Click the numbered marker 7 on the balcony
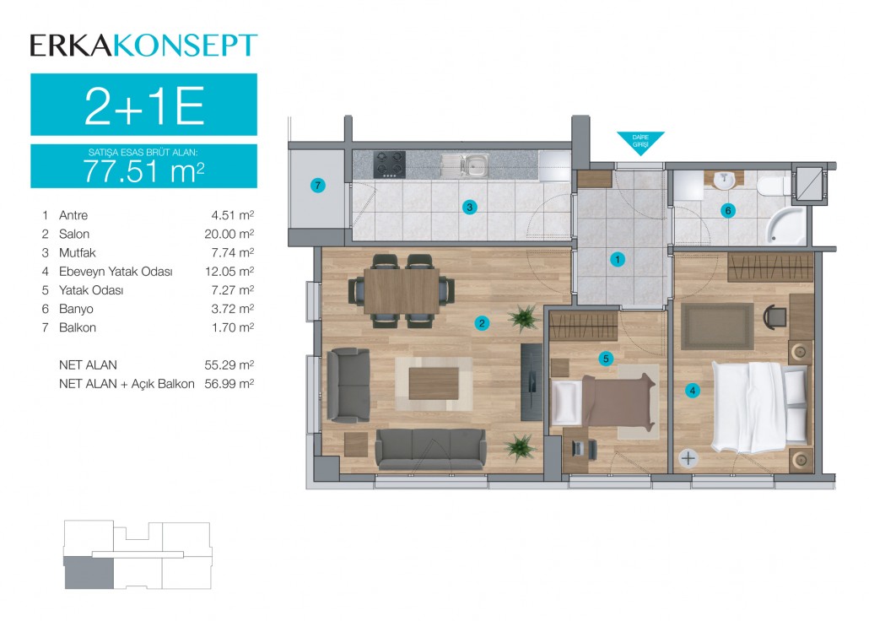tap(317, 185)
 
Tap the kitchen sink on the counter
tap(465, 165)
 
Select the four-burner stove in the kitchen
tap(389, 165)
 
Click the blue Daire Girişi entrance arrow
tap(640, 142)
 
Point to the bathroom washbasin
tap(724, 180)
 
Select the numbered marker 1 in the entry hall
tap(618, 259)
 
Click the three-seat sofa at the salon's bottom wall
tap(430, 449)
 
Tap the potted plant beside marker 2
tap(523, 318)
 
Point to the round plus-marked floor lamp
tap(688, 458)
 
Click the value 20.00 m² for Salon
tap(229, 234)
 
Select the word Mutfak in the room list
tap(77, 252)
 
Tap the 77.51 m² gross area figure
tap(144, 170)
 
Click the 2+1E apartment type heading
tap(144, 105)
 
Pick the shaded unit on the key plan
tap(89, 573)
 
